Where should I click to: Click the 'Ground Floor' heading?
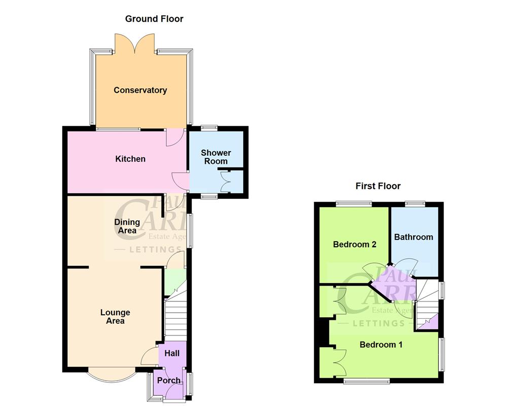(x=154, y=19)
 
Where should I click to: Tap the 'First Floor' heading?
(x=378, y=186)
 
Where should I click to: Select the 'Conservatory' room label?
(x=140, y=90)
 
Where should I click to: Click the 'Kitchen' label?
(x=130, y=159)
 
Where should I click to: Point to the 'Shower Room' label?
(x=215, y=157)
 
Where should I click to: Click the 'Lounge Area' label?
(x=115, y=317)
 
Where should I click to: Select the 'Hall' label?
(x=172, y=353)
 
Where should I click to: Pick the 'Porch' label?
(x=168, y=380)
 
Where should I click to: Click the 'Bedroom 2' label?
(x=354, y=244)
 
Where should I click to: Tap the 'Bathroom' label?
(x=414, y=237)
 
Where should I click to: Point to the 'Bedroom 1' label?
(x=381, y=345)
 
